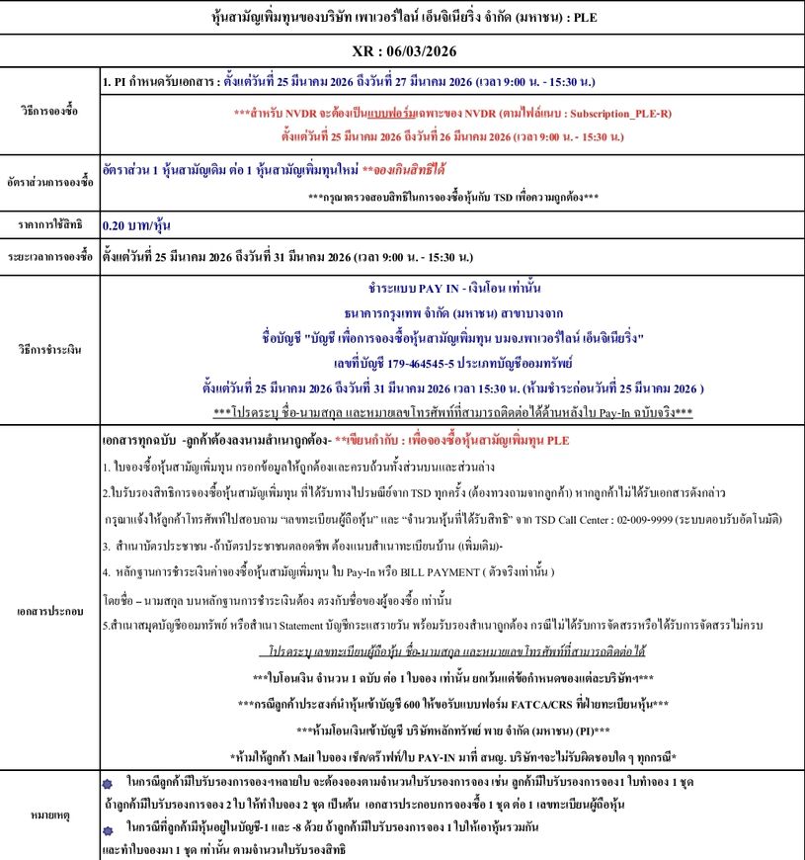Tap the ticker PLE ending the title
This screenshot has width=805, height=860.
click(581, 18)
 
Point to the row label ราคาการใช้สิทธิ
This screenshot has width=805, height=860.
click(49, 225)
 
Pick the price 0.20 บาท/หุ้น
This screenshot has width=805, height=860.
click(133, 225)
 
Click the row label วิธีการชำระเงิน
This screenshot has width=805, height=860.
click(49, 350)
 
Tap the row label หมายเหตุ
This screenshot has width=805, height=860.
click(49, 817)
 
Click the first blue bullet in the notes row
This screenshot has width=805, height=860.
click(108, 782)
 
